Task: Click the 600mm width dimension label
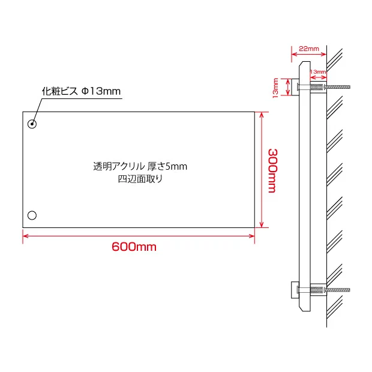(134, 247)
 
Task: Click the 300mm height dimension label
(273, 170)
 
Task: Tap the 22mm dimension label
(308, 49)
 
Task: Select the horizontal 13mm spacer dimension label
(318, 71)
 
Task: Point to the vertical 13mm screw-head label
(275, 88)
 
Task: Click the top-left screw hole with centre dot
(32, 124)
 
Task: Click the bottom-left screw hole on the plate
(32, 215)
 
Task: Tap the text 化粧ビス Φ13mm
(81, 91)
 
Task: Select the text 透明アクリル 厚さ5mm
(140, 166)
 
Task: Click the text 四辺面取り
(140, 179)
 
